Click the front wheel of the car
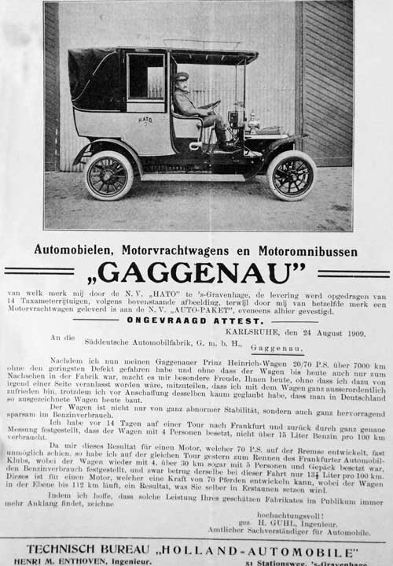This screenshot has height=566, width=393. pyautogui.click(x=291, y=175)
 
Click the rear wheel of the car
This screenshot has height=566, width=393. pyautogui.click(x=108, y=174)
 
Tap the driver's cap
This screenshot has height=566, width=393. pyautogui.click(x=182, y=76)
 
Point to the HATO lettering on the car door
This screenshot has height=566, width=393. pyautogui.click(x=145, y=120)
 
